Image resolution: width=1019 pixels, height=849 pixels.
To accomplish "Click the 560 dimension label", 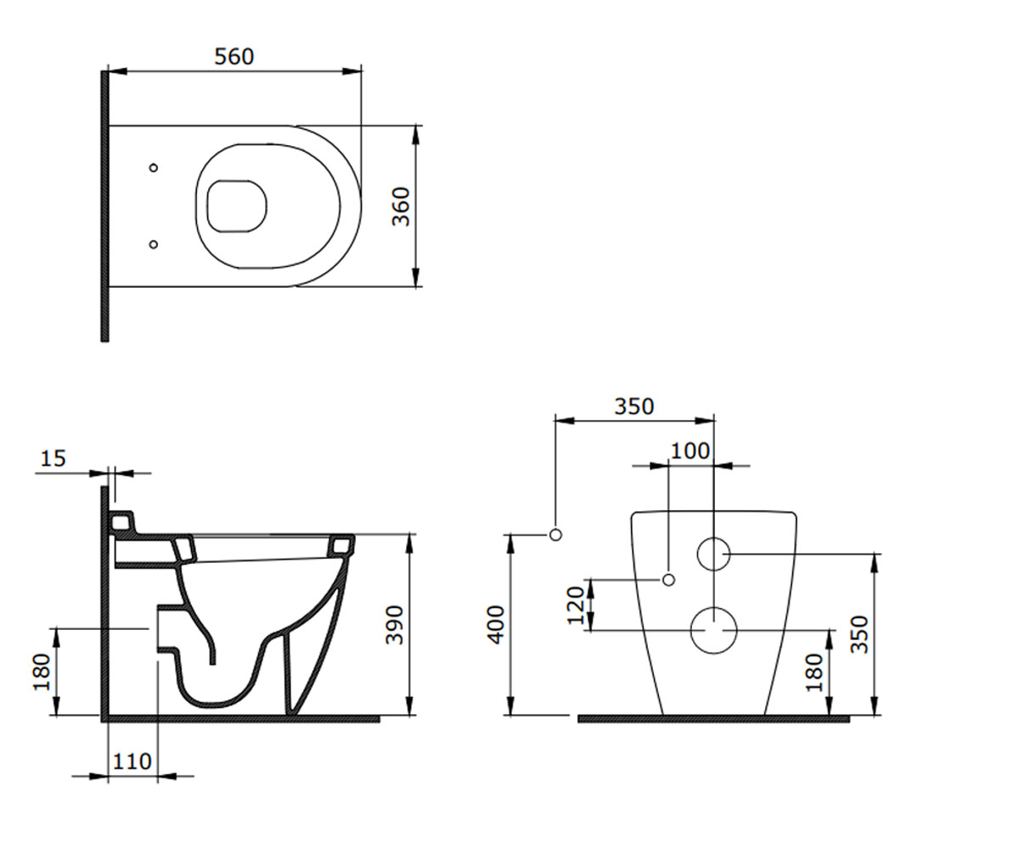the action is tap(234, 57).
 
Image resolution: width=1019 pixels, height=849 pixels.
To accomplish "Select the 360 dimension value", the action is tap(401, 206).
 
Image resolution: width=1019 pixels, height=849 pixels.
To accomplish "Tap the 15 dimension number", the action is tap(53, 458).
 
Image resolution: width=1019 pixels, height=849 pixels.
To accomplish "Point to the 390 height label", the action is tap(394, 625).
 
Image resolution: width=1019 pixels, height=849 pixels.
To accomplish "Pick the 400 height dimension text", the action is tap(496, 625).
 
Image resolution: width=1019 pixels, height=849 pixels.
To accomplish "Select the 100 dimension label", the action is tap(690, 452).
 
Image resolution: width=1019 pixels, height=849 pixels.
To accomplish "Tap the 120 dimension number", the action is tap(576, 605).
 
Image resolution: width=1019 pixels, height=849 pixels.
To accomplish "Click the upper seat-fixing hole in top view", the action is tap(153, 168).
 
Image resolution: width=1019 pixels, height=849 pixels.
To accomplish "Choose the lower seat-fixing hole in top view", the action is tap(153, 244).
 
